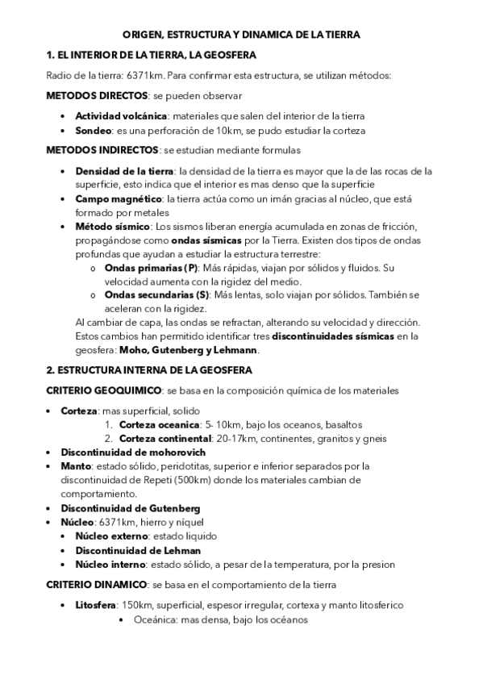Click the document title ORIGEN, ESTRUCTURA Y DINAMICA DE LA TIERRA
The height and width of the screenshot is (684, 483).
241,35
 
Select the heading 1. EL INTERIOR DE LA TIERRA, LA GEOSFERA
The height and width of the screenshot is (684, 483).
151,56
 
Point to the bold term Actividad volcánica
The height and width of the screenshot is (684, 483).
121,116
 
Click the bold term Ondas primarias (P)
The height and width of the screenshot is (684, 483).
152,268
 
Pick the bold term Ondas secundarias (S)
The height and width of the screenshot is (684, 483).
158,295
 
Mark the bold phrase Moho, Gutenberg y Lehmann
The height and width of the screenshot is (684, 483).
186,350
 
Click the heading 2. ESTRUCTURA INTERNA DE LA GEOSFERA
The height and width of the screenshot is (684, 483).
150,370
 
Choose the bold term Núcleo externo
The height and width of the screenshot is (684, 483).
113,536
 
